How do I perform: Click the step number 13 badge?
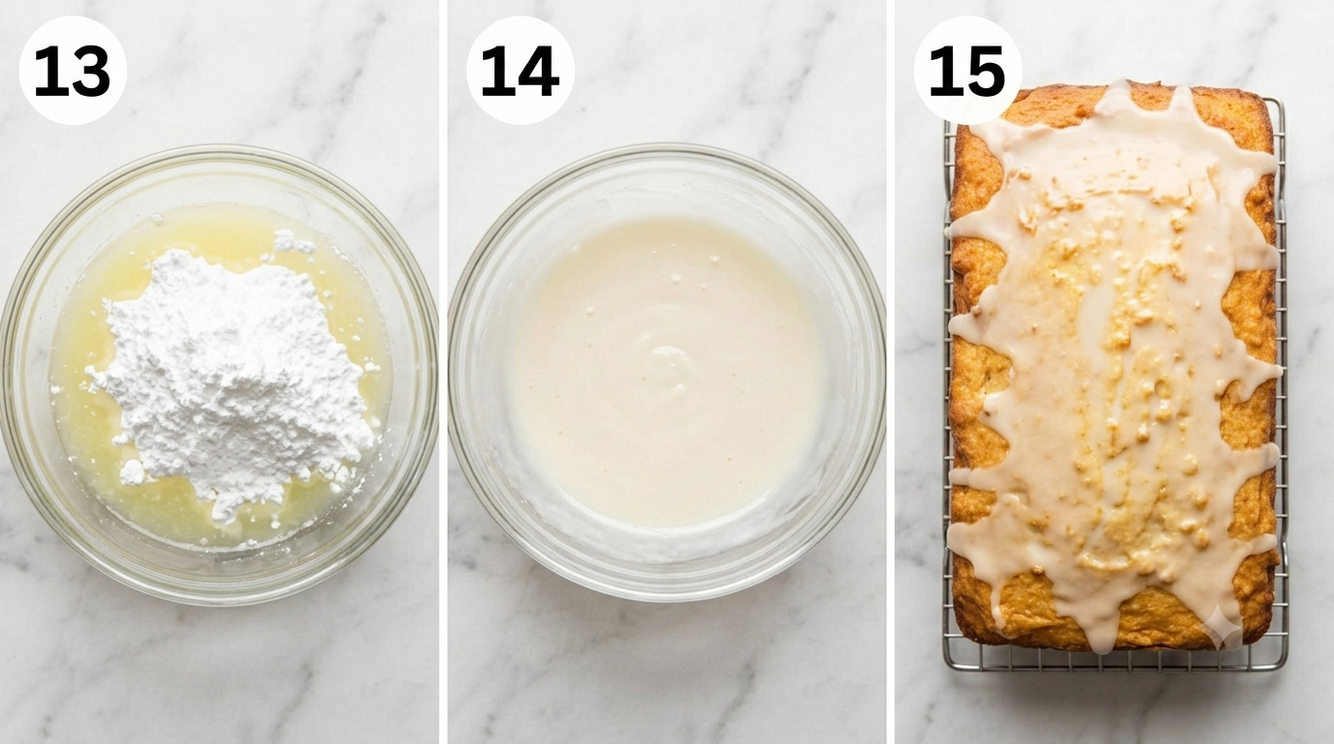(x=73, y=70)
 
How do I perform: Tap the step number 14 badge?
(x=520, y=70)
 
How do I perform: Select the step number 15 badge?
(x=968, y=70)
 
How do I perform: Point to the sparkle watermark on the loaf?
(x=1220, y=626)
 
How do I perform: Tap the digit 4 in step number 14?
(x=538, y=72)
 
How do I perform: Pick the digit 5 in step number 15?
(x=986, y=72)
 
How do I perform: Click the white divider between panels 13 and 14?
(x=443, y=372)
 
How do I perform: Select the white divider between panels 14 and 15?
(x=890, y=372)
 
